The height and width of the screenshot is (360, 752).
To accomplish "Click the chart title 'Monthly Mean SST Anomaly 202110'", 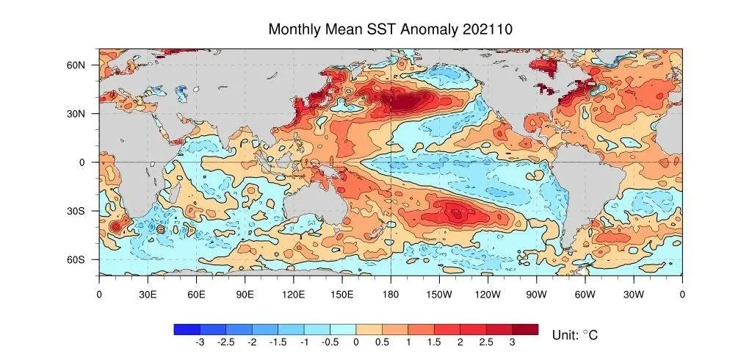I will point(390,29).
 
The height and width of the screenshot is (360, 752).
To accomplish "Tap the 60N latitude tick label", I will point(77,65).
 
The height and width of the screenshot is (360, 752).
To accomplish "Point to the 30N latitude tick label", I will point(77,113).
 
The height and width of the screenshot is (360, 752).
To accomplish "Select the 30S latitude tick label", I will point(77,211).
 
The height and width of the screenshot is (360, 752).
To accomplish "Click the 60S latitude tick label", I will point(77,259).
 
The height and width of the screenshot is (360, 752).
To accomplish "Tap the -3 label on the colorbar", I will point(199,342).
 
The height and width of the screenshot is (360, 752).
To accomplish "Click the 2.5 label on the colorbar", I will point(486,342).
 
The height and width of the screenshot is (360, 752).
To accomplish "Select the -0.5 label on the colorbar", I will point(329,342).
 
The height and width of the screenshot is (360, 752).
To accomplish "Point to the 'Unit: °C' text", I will point(574,335).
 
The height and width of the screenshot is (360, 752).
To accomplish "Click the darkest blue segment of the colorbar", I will point(187,329).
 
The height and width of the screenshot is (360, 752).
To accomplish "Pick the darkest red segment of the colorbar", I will point(525,329).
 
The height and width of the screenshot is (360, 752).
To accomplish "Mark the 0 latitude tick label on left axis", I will point(83,162).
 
